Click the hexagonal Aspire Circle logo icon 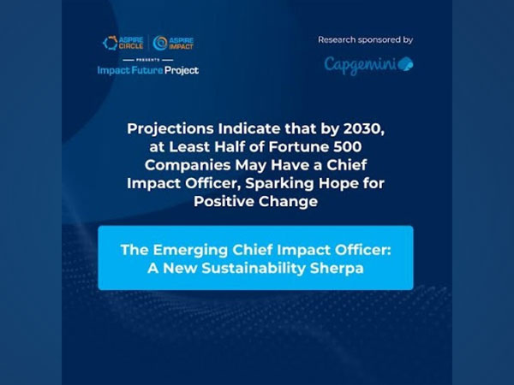coord(110,42)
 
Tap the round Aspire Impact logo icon coord(160,42)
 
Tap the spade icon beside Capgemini coord(404,64)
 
